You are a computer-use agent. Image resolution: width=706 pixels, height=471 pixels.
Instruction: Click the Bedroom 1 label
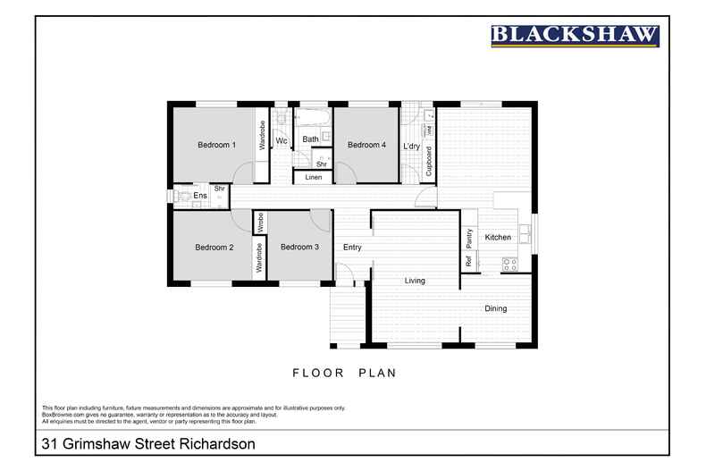[x=216, y=145]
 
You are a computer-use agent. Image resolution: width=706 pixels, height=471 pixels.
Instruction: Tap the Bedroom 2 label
[x=214, y=248]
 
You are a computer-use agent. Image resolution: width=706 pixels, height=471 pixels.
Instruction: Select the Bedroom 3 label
[x=298, y=248]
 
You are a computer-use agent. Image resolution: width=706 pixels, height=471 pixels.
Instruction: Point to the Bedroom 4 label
[x=366, y=145]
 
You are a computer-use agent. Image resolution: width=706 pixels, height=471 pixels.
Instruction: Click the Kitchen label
[x=498, y=238]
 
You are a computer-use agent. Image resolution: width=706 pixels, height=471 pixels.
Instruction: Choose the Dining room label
[x=496, y=309]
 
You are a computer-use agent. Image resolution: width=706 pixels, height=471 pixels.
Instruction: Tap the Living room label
[x=415, y=281]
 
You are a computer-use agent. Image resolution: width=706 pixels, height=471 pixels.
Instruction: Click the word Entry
[x=352, y=248]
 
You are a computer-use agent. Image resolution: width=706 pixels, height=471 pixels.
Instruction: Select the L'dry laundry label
[x=412, y=146]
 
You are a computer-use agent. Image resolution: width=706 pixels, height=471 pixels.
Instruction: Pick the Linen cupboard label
[x=313, y=178]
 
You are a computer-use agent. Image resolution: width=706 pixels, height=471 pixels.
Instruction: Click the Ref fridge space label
[x=467, y=262]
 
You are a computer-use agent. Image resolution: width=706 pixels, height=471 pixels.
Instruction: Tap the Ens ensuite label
[x=200, y=196]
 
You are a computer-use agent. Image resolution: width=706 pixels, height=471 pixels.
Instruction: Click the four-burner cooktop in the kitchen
[x=510, y=264]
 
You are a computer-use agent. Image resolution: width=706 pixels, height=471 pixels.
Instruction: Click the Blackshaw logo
[x=575, y=36]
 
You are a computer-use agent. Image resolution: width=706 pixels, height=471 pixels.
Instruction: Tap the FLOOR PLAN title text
[x=344, y=373]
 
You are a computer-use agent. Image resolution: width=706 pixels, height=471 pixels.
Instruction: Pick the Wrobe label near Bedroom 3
[x=260, y=220]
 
